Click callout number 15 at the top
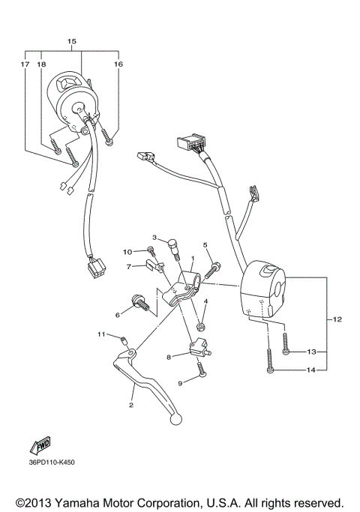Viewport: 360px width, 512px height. tap(72, 40)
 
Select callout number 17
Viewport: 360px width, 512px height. tap(25, 65)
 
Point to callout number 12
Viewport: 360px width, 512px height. tap(337, 320)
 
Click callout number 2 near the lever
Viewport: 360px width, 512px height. tap(131, 405)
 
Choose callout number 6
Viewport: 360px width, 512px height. tap(118, 315)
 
